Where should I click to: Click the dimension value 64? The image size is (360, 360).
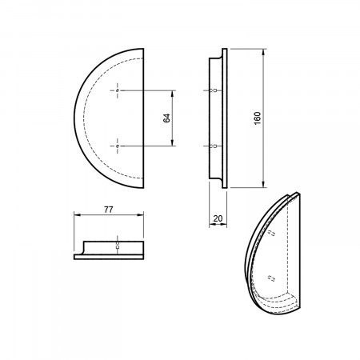[x=166, y=118]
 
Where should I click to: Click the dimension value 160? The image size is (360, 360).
[x=258, y=118]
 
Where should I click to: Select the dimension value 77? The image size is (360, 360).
[x=109, y=210]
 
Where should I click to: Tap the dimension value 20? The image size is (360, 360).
[x=218, y=218]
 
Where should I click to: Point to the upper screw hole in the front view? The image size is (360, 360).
[x=118, y=90]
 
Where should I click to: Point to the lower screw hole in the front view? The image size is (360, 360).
[x=118, y=146]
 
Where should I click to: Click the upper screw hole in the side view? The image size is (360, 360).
[x=214, y=90]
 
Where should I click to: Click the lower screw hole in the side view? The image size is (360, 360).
[x=214, y=146]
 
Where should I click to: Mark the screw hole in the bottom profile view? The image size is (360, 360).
[x=117, y=246]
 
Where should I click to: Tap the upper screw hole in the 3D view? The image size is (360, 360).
[x=271, y=233]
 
